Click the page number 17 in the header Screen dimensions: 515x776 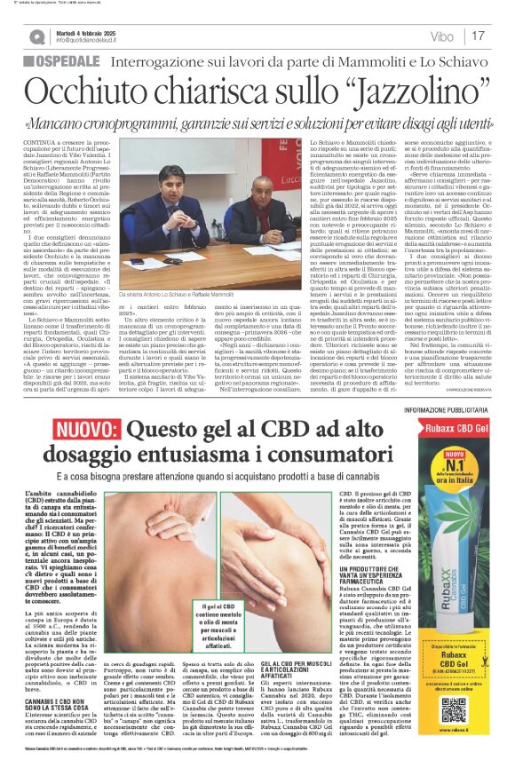pos(479,36)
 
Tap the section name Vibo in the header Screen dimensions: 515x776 pos(441,36)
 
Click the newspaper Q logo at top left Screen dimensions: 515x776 pos(36,36)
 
